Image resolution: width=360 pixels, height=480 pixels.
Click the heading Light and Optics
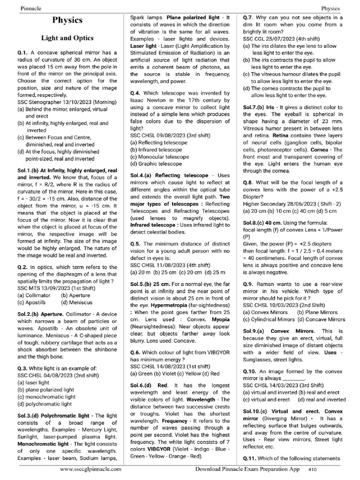tap(67, 38)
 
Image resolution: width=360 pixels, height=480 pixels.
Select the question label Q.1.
tap(23, 53)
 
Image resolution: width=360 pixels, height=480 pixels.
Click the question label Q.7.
tap(249, 17)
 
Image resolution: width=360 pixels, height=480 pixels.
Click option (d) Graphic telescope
tap(157, 164)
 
